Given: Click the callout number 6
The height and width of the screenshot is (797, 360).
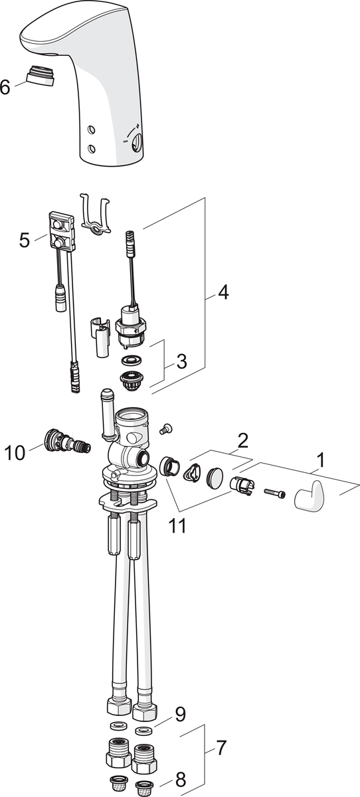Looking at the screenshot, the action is pos(5,88).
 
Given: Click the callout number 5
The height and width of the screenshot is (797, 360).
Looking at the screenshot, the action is pos(25,240).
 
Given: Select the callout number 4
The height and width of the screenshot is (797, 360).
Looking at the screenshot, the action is pos(223,293).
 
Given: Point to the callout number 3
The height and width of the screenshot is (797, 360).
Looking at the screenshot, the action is pos(181,362).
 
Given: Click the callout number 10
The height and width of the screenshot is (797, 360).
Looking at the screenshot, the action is pos(15,453).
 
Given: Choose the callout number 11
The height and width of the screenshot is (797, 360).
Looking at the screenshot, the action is pos(177,526).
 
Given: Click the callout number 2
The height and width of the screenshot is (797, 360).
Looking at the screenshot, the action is pos(242,440).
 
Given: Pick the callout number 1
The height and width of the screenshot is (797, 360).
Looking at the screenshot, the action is pos(321,460).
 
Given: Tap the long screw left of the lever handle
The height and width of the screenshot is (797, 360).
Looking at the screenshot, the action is pos(275,492).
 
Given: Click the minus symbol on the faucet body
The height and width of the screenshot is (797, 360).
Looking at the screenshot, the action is pos(126,141).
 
